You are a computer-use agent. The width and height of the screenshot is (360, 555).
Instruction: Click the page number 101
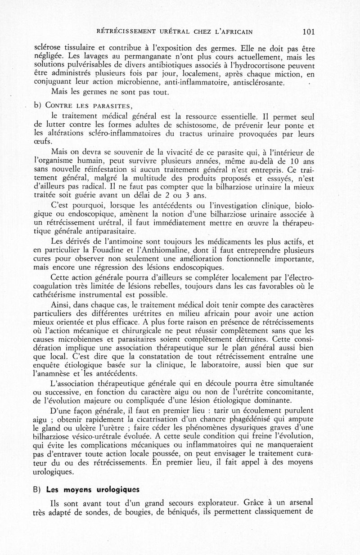click(x=308, y=31)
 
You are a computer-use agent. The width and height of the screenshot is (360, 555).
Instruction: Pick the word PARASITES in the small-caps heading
click(x=113, y=106)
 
